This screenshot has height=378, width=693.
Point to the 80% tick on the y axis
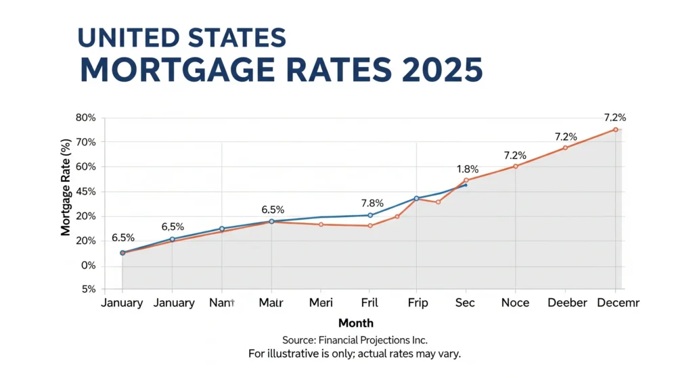pos(87,118)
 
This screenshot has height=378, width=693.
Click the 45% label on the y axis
pos(87,192)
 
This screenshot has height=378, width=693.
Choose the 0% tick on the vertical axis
pos(89,266)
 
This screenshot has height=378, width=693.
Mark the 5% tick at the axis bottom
pos(89,289)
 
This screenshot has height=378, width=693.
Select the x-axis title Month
pos(355,323)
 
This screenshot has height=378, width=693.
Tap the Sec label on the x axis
pos(465,303)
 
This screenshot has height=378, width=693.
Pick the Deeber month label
pos(566,303)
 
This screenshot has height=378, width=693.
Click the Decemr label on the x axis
pos(619,303)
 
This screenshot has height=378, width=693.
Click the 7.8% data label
pos(372,203)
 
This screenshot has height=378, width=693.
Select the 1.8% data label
pos(468,169)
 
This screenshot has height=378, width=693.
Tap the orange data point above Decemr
pos(615,130)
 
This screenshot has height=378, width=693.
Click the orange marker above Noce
pos(516,166)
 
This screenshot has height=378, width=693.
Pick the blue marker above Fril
pos(370,215)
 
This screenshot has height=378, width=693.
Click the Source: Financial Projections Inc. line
pos(355,340)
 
